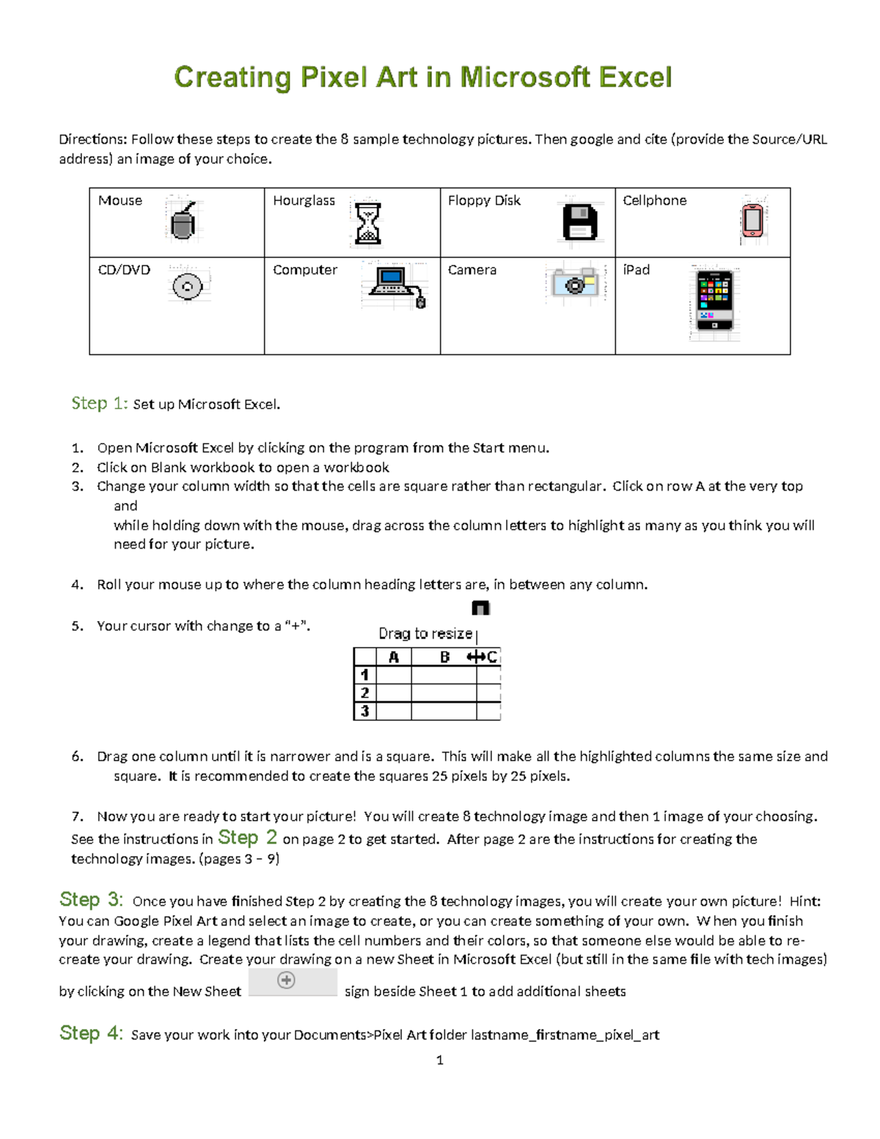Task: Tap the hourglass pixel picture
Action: (367, 222)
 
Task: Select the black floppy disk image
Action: (579, 221)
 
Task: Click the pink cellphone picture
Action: (752, 220)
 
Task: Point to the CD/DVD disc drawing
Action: (188, 286)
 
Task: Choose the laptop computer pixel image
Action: (395, 284)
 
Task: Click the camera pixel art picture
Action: (576, 283)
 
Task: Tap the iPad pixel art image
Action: (714, 301)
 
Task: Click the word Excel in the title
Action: (635, 78)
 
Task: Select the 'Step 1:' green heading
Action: (100, 403)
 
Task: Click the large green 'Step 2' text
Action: (247, 838)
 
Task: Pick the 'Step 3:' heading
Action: (91, 900)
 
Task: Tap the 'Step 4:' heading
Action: (91, 1033)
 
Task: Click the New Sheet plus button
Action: (286, 981)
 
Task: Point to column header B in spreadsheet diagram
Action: (444, 657)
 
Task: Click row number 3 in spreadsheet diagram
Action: (364, 711)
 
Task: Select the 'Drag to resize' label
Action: (425, 634)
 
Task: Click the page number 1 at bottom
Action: (439, 1060)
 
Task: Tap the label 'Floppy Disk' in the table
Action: (484, 201)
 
